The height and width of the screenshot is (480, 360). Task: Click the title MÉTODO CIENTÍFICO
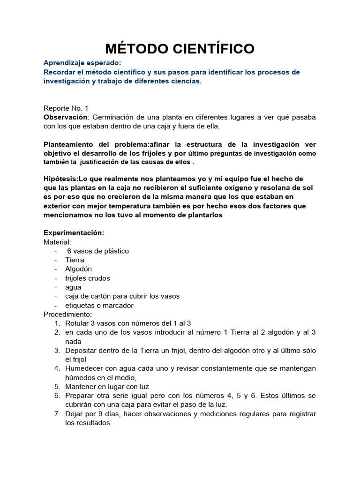click(x=180, y=48)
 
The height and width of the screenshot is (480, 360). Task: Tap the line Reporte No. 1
click(x=66, y=108)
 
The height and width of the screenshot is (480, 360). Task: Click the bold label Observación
click(x=65, y=117)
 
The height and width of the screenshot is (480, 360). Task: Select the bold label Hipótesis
click(x=60, y=179)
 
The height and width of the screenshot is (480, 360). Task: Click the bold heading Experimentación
click(x=74, y=233)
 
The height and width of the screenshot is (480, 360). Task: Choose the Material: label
click(x=57, y=242)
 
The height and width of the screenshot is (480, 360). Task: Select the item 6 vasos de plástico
click(x=98, y=251)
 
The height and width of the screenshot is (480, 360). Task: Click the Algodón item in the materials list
click(x=78, y=269)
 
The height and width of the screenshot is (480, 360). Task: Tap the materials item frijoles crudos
click(x=88, y=278)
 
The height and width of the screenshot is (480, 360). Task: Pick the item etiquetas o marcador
click(x=99, y=306)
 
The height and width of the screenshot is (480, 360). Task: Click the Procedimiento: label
click(x=68, y=314)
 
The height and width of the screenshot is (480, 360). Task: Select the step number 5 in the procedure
click(x=57, y=387)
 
